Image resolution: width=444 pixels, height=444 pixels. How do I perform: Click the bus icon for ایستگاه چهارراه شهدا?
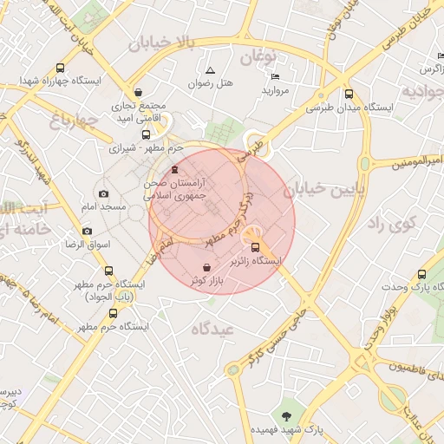coord(60,68)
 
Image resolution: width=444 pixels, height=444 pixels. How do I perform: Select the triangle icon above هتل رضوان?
coord(210,69)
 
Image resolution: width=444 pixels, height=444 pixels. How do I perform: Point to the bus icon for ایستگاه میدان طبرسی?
coord(349,95)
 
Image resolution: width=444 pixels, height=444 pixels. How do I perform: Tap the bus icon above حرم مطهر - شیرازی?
coord(146,134)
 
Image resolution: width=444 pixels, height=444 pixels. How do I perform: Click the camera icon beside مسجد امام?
coord(104,193)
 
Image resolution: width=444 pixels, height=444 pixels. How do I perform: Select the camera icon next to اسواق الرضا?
coord(87,231)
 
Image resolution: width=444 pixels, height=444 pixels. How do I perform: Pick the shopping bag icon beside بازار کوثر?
coord(206,268)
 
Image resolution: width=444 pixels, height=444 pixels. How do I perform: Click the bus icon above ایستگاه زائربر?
coord(254,246)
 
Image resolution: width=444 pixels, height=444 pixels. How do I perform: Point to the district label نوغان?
coord(257,58)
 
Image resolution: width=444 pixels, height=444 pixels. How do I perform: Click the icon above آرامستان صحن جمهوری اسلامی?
coord(177,169)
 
